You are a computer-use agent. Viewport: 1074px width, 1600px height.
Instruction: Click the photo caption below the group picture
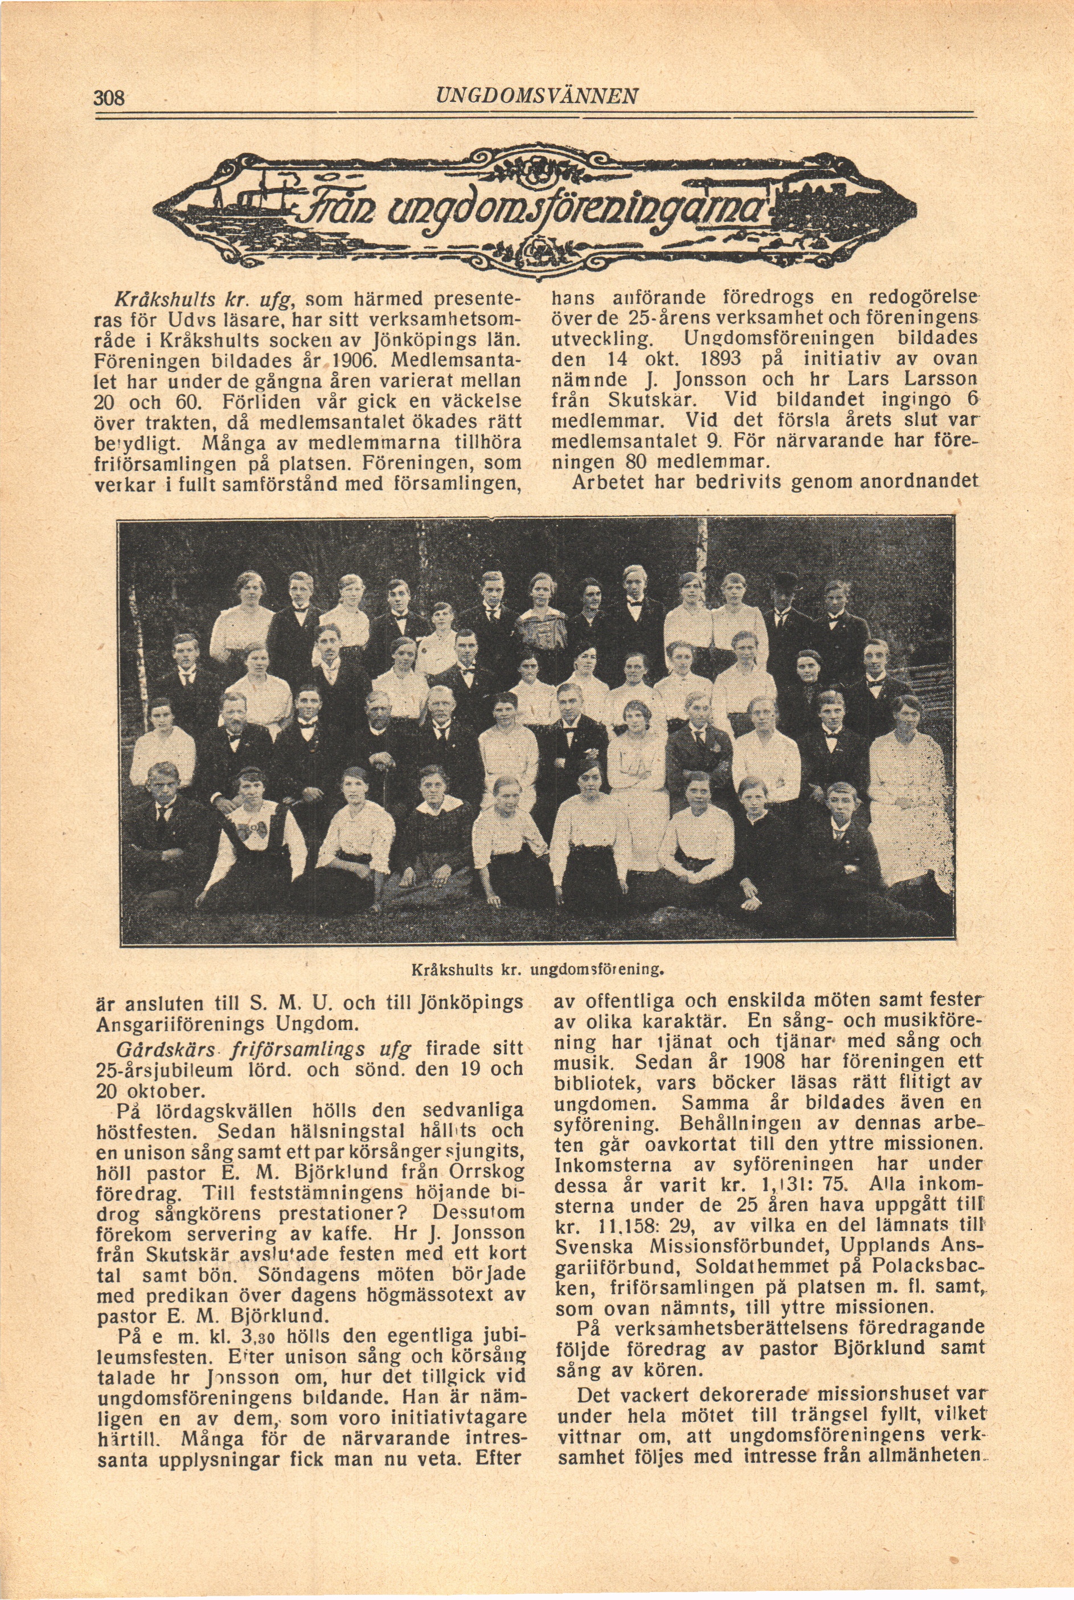[x=538, y=969]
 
